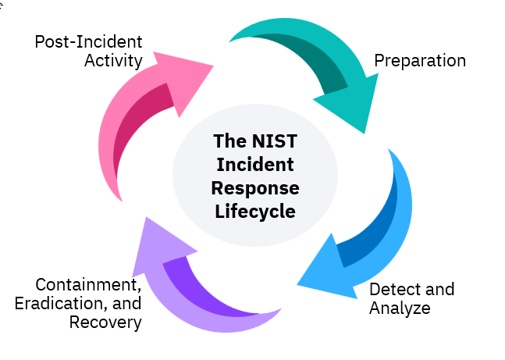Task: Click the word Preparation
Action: pos(420,60)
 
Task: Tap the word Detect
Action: pos(391,290)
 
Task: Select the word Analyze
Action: pos(400,308)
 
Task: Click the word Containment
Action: pos(88,285)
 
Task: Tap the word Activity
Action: pos(113,60)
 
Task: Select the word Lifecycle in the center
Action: pos(255,211)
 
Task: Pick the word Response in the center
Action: pos(255,188)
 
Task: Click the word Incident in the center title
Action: pos(255,166)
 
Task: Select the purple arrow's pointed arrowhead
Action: pos(159,238)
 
